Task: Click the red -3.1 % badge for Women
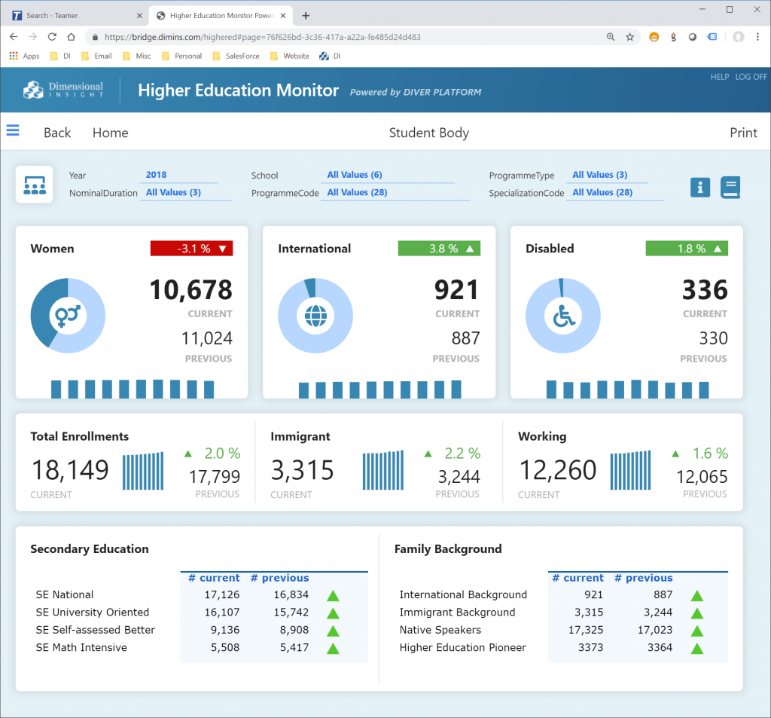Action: pyautogui.click(x=191, y=249)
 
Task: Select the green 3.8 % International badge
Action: pyautogui.click(x=439, y=249)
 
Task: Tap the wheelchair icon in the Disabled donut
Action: pyautogui.click(x=562, y=317)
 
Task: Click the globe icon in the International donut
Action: pyautogui.click(x=315, y=317)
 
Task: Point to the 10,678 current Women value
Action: pyautogui.click(x=190, y=290)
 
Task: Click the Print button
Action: pyautogui.click(x=743, y=133)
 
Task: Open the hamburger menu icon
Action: pyautogui.click(x=13, y=130)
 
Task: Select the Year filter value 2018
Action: pyautogui.click(x=157, y=175)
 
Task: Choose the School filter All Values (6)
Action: pyautogui.click(x=355, y=175)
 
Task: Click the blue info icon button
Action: pyautogui.click(x=700, y=188)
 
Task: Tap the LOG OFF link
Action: pyautogui.click(x=751, y=77)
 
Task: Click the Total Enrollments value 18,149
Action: pyautogui.click(x=70, y=470)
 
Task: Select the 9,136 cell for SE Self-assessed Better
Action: pyautogui.click(x=221, y=630)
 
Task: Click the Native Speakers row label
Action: pyautogui.click(x=440, y=630)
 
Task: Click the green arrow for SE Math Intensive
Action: pyautogui.click(x=333, y=648)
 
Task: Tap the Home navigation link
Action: pyautogui.click(x=110, y=133)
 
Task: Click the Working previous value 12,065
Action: pyautogui.click(x=702, y=476)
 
